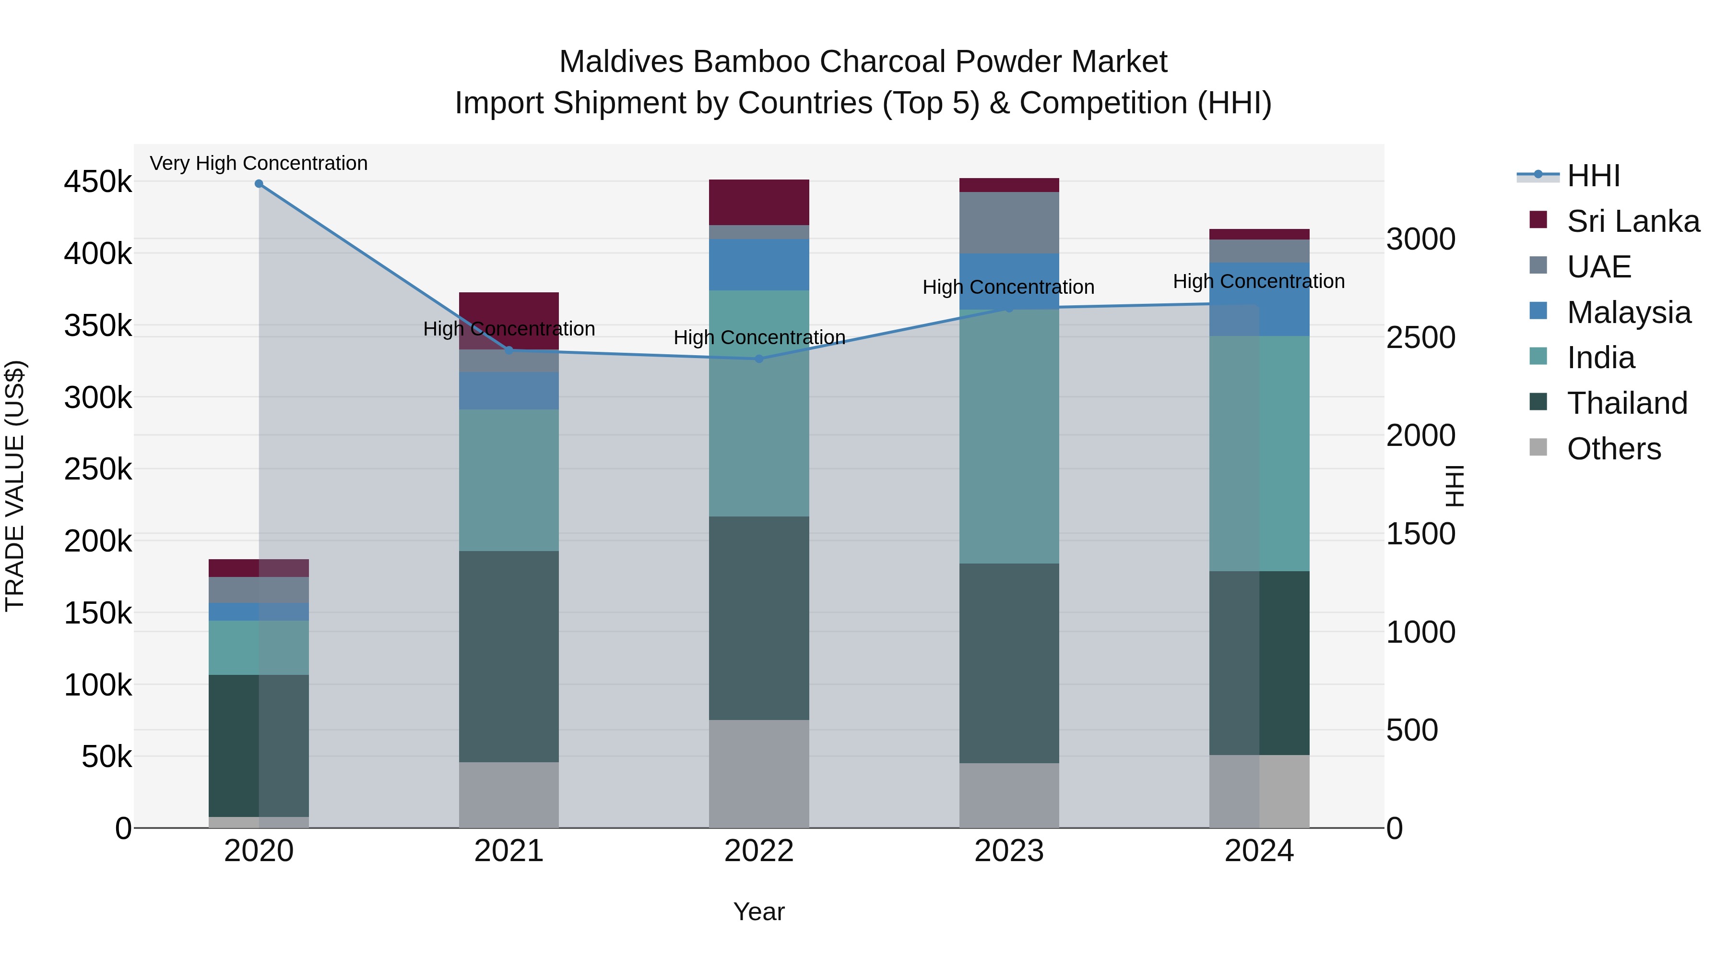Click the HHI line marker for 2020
(259, 184)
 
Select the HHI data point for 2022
(759, 359)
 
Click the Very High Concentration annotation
(259, 163)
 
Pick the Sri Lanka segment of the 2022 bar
(759, 202)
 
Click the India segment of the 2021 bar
(509, 480)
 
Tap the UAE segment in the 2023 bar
(1009, 223)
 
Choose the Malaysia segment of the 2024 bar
(1259, 299)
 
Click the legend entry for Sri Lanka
(1633, 221)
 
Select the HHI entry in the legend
(1593, 176)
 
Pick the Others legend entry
(1614, 449)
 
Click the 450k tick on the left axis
(98, 182)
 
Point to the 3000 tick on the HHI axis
(1420, 240)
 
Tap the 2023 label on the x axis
(1009, 851)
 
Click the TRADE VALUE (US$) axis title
(15, 486)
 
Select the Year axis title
(759, 912)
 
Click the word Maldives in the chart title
(621, 62)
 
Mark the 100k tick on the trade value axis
(98, 685)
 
